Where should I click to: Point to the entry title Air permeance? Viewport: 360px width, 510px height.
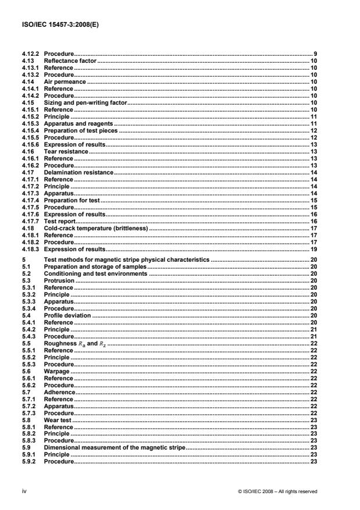(65, 82)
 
